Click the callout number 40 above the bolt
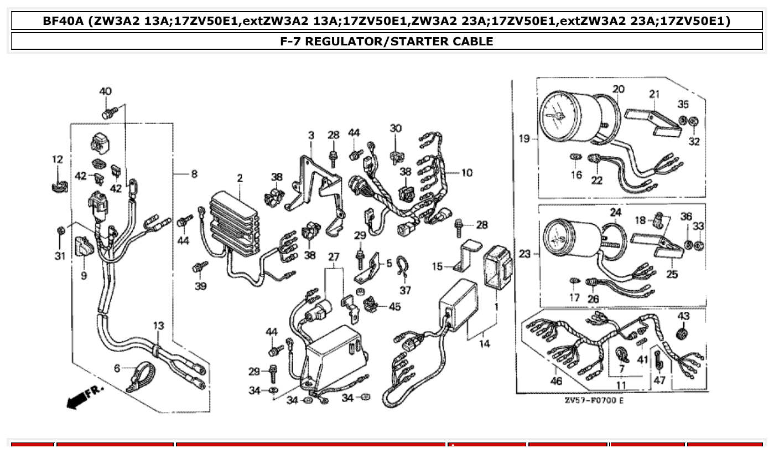pos(105,91)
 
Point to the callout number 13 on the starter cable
pos(159,326)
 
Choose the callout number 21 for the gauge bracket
pos(654,94)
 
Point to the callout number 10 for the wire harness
pos(466,173)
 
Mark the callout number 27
pos(334,256)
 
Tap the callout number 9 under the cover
pos(84,275)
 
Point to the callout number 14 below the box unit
pos(484,344)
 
